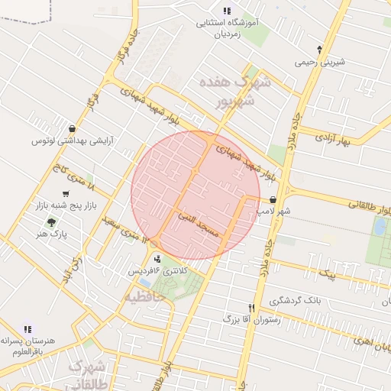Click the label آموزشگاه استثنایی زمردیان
(x=228, y=28)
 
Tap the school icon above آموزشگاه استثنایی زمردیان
(x=227, y=11)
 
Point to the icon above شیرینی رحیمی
(x=319, y=49)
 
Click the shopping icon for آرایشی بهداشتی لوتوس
(x=71, y=128)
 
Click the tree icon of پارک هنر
(x=51, y=222)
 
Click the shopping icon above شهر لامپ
(x=273, y=199)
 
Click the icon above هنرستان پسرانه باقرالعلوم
(x=28, y=329)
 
